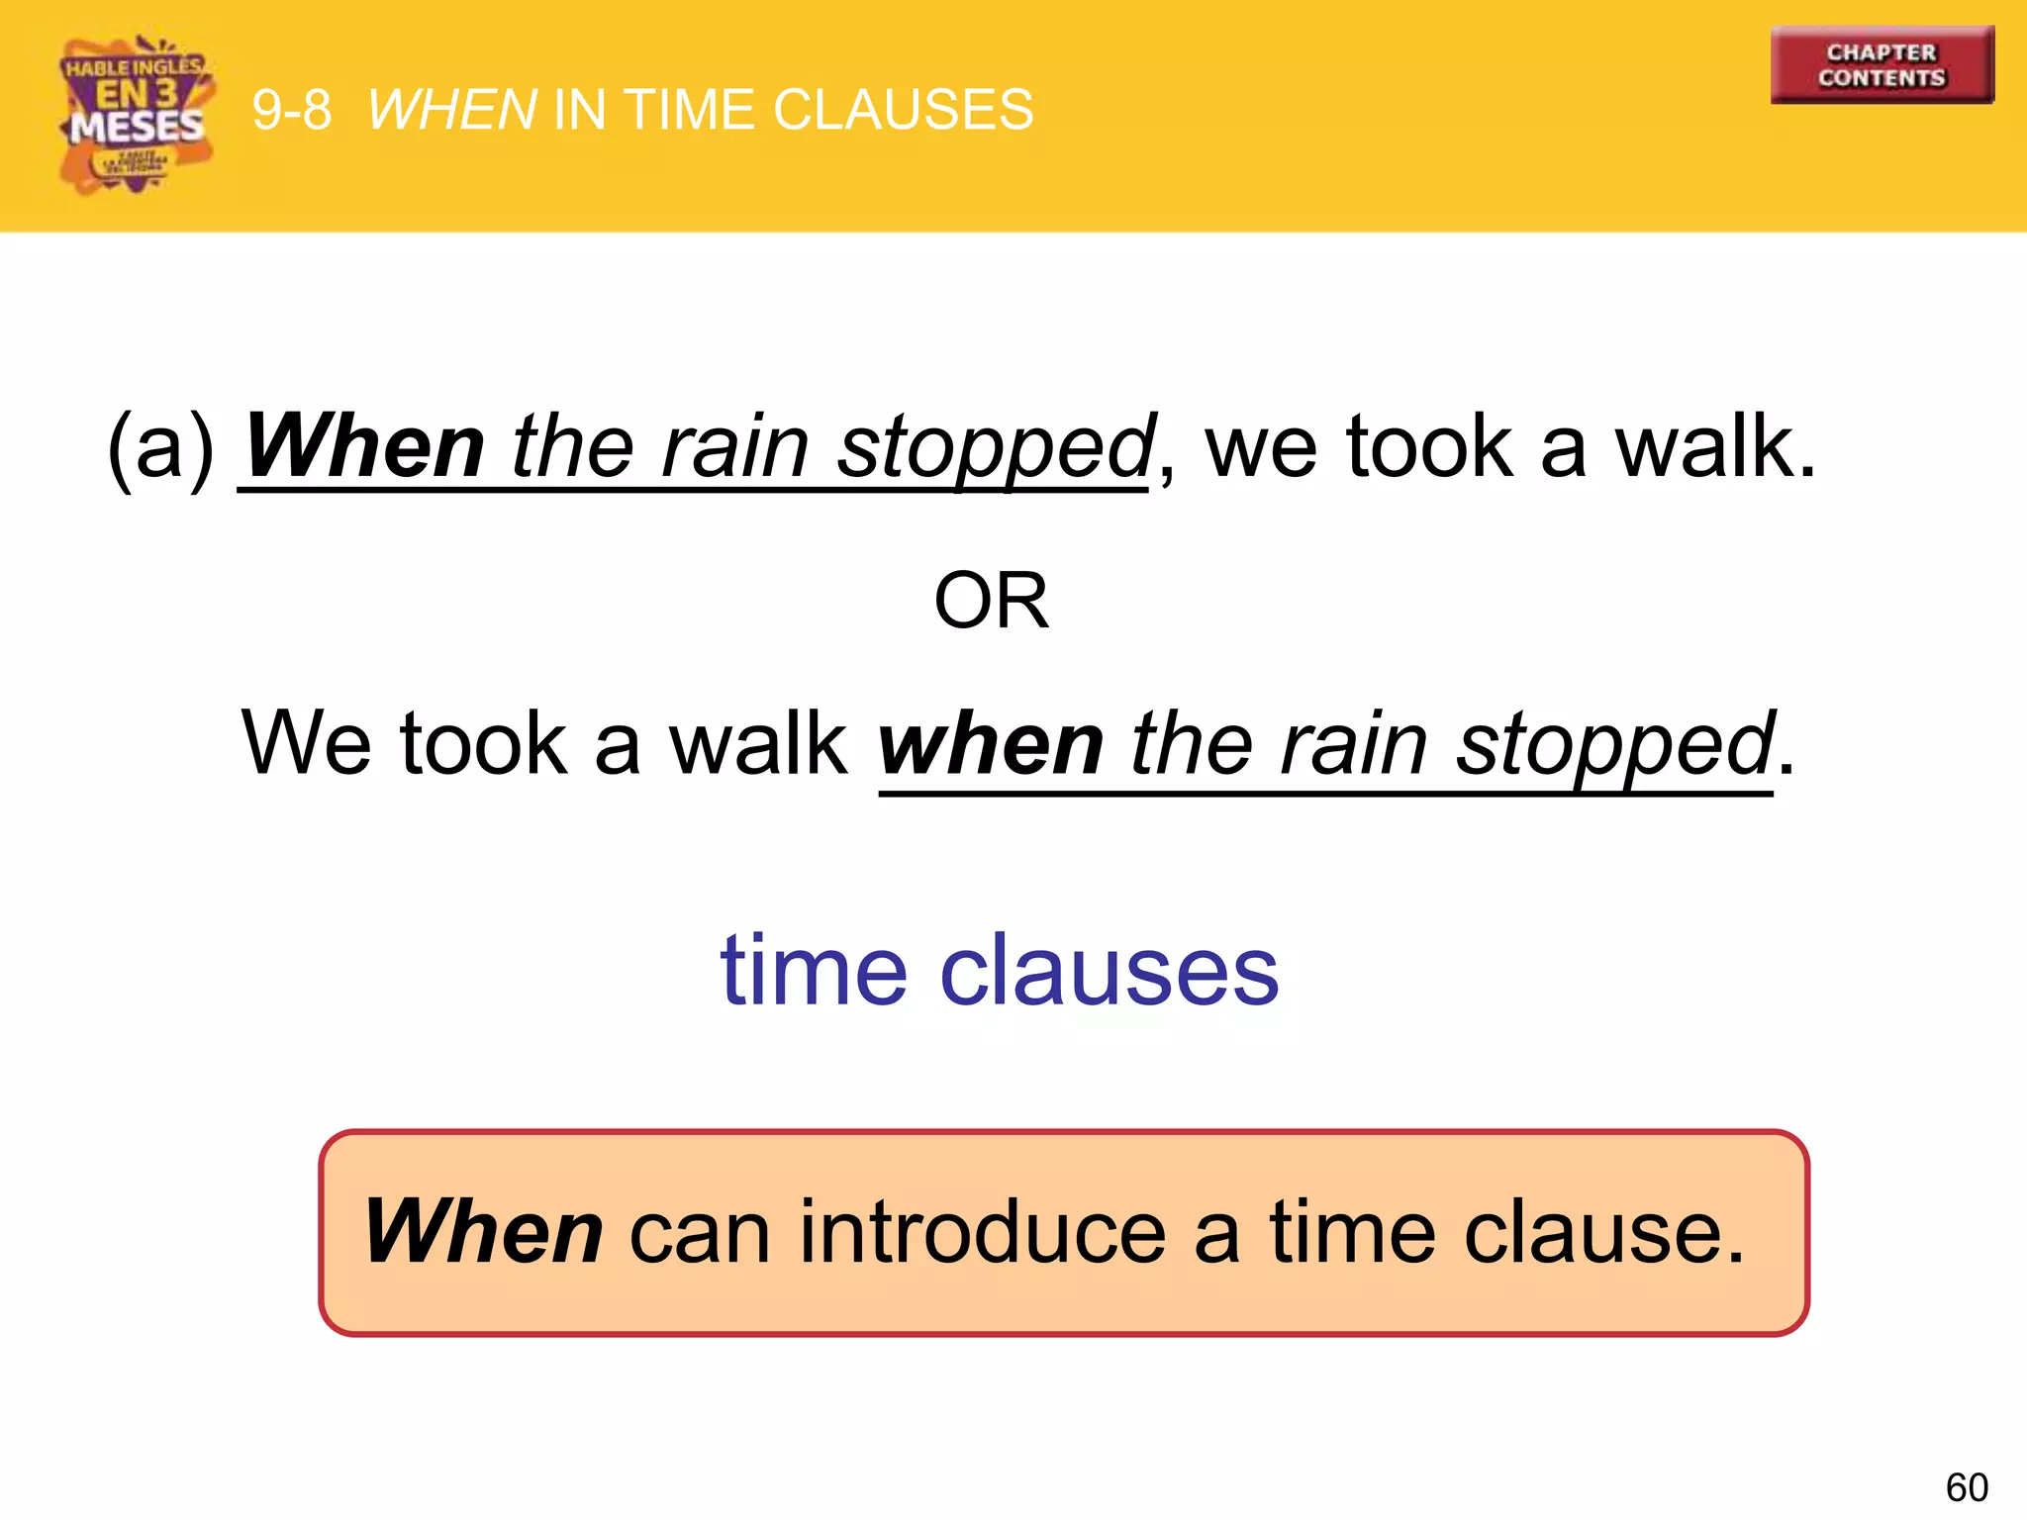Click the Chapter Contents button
1882,65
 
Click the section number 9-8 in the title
291,110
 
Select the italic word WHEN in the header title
452,110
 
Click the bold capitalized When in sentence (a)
364,447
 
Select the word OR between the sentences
991,601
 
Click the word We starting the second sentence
307,743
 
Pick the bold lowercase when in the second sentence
990,745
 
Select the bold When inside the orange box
483,1232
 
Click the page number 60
1966,1487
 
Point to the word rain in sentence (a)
735,447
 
